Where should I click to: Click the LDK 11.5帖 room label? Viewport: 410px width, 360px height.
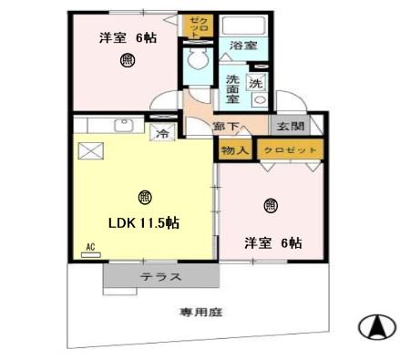pyautogui.click(x=143, y=222)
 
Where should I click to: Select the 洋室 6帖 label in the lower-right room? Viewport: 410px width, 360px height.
pyautogui.click(x=272, y=242)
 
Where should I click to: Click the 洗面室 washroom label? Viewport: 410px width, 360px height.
pyautogui.click(x=233, y=89)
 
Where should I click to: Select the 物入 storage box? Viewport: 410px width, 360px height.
pyautogui.click(x=233, y=149)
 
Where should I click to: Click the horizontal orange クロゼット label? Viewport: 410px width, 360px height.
pyautogui.click(x=289, y=149)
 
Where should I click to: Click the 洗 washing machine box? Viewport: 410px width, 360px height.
pyautogui.click(x=256, y=84)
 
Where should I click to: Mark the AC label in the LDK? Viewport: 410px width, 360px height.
pyautogui.click(x=90, y=247)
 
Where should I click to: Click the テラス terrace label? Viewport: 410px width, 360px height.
pyautogui.click(x=159, y=277)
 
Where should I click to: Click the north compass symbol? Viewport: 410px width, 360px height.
pyautogui.click(x=378, y=325)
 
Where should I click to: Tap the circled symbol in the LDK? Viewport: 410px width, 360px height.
pyautogui.click(x=144, y=197)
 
